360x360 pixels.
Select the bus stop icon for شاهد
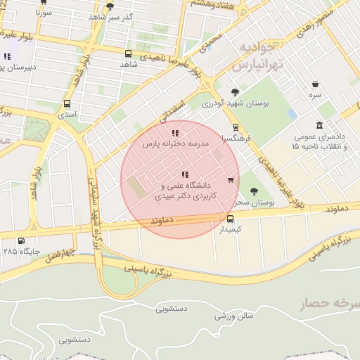pyautogui.click(x=128, y=53)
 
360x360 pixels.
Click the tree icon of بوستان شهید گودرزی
pyautogui.click(x=235, y=92)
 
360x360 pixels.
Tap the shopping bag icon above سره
pyautogui.click(x=315, y=83)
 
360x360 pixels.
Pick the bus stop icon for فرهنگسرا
pyautogui.click(x=234, y=127)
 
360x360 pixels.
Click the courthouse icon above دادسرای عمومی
pyautogui.click(x=320, y=125)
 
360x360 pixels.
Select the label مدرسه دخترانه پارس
pyautogui.click(x=176, y=143)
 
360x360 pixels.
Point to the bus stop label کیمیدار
pyautogui.click(x=230, y=229)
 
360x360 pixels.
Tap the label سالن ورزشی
pyautogui.click(x=233, y=317)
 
